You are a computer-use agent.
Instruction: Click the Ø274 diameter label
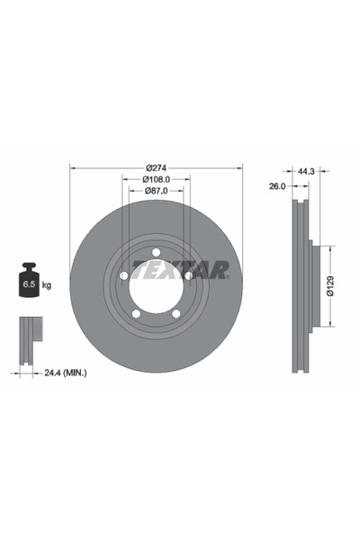coord(156,168)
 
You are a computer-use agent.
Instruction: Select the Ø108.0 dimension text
coord(156,179)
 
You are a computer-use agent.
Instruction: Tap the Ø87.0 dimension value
coord(156,191)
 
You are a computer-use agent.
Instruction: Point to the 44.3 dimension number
coord(306,171)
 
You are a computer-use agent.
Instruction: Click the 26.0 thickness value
coord(277,186)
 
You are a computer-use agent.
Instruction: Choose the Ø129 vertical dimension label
coord(330,286)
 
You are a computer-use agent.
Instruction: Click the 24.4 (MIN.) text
coord(66,373)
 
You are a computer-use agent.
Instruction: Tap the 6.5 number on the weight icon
coord(29,284)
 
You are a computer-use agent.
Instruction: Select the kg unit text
coord(47,285)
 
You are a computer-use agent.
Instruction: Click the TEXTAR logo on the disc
coord(181,270)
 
